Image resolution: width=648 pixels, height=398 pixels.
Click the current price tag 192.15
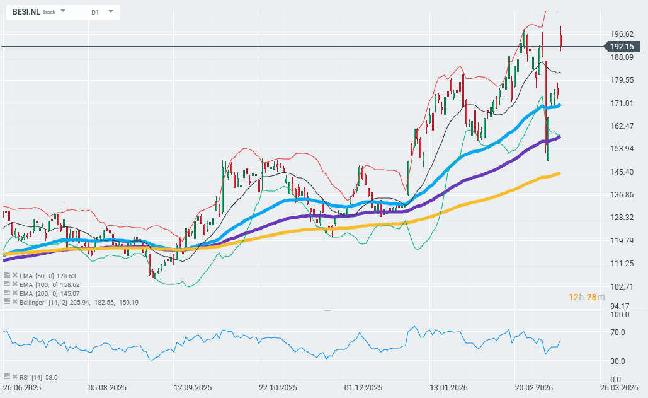coord(622,47)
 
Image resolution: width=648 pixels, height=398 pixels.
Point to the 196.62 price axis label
coord(622,34)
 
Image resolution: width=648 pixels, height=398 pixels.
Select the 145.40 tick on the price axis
coord(622,172)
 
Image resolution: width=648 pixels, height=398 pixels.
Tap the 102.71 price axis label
coord(622,286)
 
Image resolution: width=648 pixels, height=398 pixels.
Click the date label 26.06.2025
coord(22,388)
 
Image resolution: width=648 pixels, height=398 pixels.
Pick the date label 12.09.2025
coord(193,388)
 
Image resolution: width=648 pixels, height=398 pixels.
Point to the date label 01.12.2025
coord(363,388)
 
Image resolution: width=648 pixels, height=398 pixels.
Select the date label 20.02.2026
coord(535,388)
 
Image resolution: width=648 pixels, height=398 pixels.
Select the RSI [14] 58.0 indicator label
coord(38,377)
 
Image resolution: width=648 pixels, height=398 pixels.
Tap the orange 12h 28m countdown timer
coord(586,297)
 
